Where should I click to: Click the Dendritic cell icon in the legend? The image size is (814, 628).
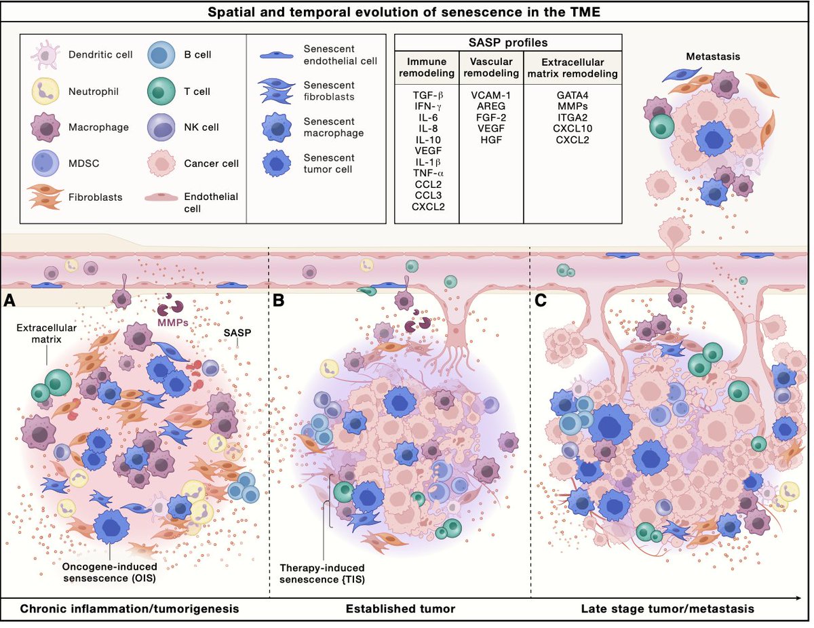(43, 54)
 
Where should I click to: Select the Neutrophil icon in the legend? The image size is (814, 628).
(43, 90)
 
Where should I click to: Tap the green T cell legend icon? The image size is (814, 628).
(161, 90)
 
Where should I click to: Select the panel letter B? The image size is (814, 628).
(278, 300)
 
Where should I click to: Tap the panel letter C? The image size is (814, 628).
(540, 300)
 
